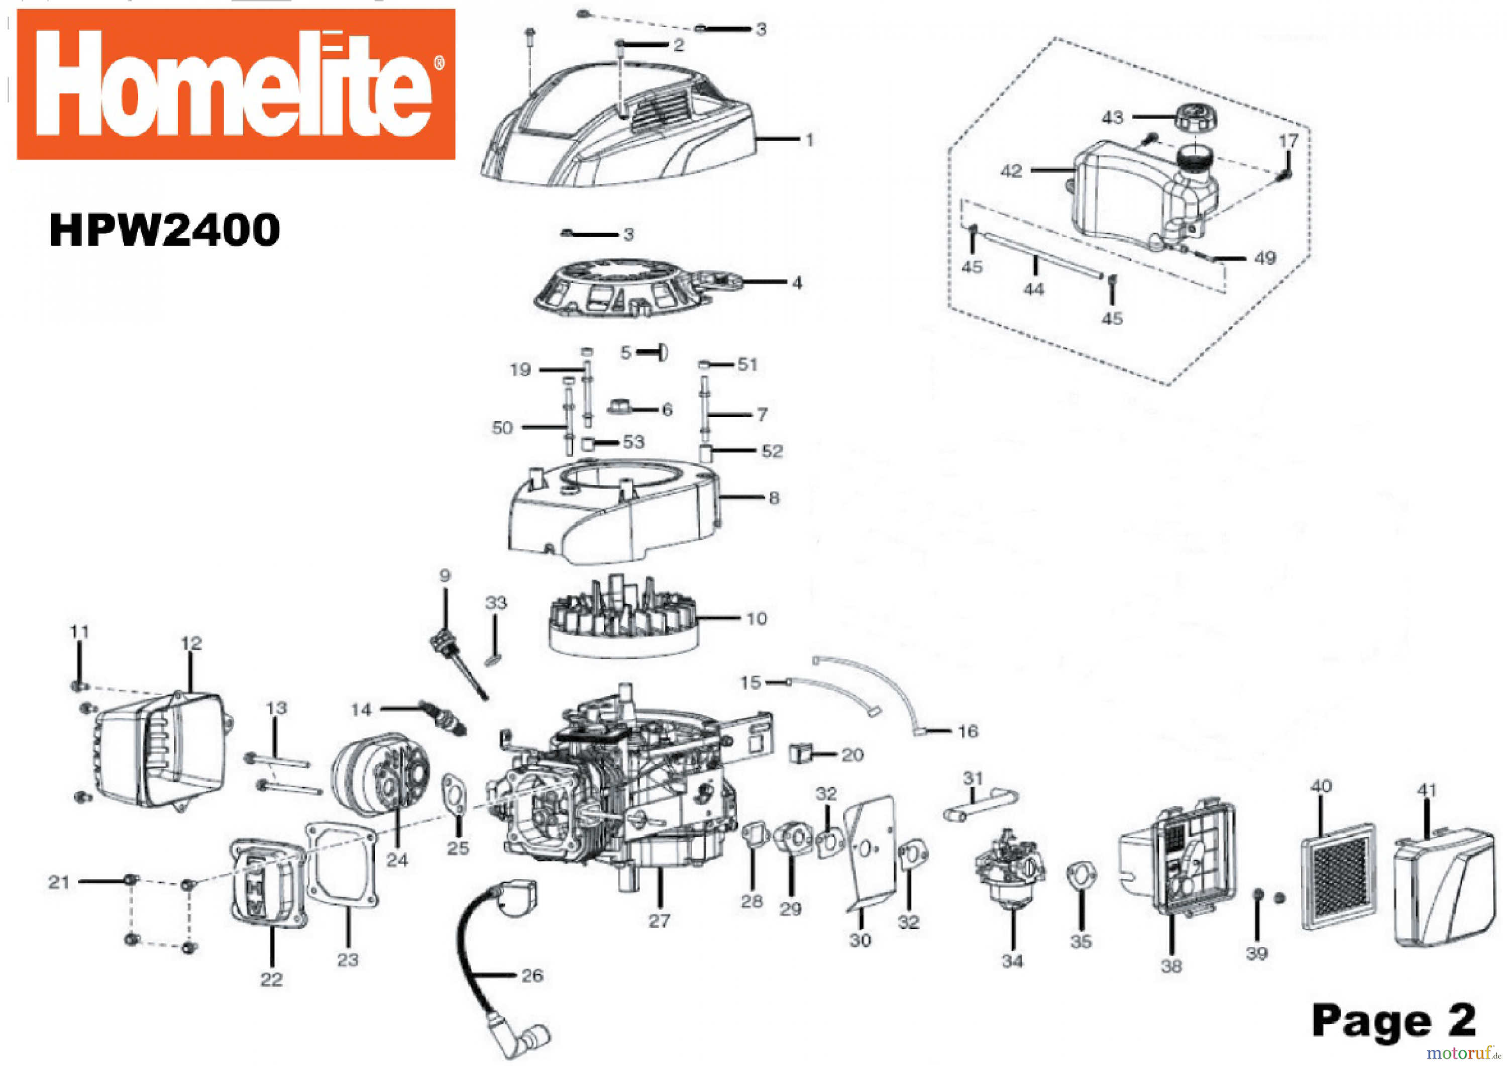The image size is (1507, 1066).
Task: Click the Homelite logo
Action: click(x=236, y=84)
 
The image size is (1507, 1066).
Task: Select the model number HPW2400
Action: click(x=165, y=230)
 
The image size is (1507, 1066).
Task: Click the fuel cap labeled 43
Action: click(x=1199, y=118)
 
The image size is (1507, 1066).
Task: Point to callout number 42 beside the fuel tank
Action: click(x=1011, y=171)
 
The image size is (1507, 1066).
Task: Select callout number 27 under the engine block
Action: click(x=659, y=921)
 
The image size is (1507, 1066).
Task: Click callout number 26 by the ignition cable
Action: click(x=532, y=976)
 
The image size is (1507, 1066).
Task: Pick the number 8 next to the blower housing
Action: click(x=774, y=498)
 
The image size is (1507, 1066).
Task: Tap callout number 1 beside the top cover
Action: click(x=809, y=140)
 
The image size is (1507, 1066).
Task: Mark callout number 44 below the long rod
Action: click(x=1034, y=289)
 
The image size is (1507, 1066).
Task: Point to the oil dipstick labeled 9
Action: click(x=460, y=663)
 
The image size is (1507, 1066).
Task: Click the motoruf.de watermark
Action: click(x=1465, y=1053)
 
